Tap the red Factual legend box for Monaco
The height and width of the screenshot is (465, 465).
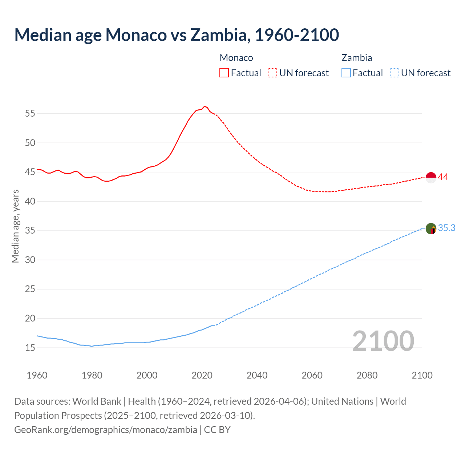click(224, 73)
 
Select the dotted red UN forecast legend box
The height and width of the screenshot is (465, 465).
click(272, 73)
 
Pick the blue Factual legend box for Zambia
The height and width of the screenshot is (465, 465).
click(346, 73)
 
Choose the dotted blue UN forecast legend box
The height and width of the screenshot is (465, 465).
click(395, 73)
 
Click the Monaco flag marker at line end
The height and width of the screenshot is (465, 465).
click(431, 178)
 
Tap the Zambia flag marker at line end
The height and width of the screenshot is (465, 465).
click(431, 229)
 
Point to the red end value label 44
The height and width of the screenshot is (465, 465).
click(443, 177)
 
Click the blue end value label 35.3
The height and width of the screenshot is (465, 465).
click(446, 228)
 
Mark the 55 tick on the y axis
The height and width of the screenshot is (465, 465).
click(30, 113)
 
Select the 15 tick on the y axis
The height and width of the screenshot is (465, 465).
click(30, 348)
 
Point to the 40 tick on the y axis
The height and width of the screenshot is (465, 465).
click(30, 201)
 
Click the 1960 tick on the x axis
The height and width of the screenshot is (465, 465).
click(37, 375)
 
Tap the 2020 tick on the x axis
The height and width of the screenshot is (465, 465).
click(202, 375)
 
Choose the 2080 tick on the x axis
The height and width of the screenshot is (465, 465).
click(367, 375)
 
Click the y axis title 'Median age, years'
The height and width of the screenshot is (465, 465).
click(15, 226)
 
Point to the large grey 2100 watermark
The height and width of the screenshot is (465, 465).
click(383, 341)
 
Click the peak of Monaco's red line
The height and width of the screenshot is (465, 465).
click(205, 106)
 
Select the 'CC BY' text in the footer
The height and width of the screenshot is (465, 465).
click(217, 429)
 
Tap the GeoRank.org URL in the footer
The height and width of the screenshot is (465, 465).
click(105, 429)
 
